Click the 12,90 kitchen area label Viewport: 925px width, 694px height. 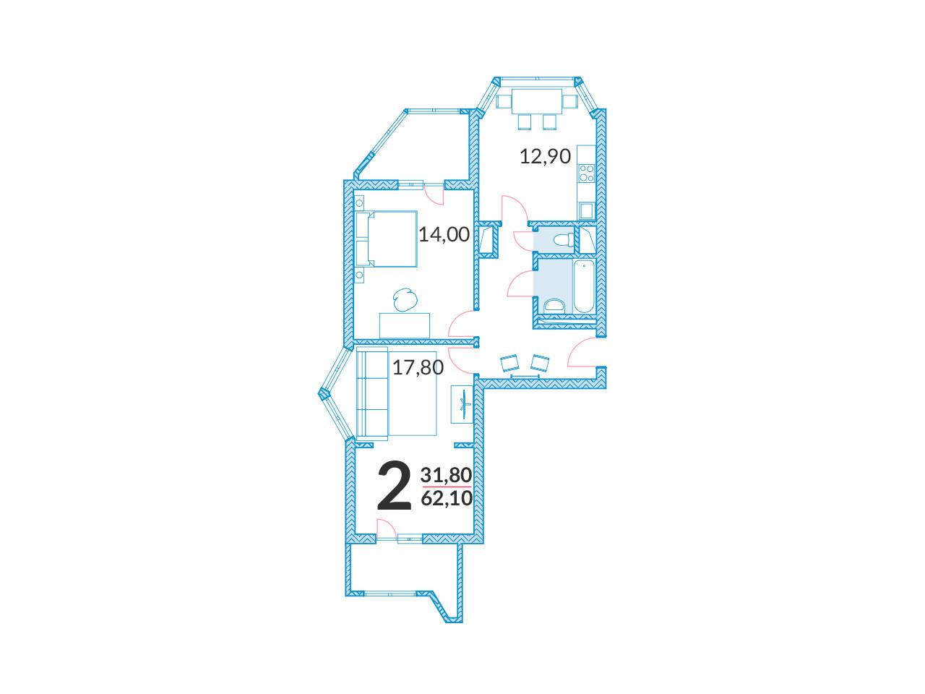pyautogui.click(x=545, y=156)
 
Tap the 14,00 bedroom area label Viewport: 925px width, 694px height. pyautogui.click(x=444, y=235)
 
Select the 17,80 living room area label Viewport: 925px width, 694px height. pyautogui.click(x=418, y=367)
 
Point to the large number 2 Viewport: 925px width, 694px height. pyautogui.click(x=394, y=485)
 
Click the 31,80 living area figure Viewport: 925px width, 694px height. pyautogui.click(x=446, y=475)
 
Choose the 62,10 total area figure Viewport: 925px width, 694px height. pyautogui.click(x=447, y=499)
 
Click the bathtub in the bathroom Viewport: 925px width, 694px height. pyautogui.click(x=584, y=286)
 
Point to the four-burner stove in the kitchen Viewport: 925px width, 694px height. pyautogui.click(x=586, y=173)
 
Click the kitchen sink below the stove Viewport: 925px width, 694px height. pyautogui.click(x=586, y=210)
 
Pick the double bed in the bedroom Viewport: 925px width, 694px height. pyautogui.click(x=387, y=239)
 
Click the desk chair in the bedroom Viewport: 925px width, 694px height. pyautogui.click(x=405, y=299)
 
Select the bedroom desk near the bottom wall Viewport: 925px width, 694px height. pyautogui.click(x=405, y=325)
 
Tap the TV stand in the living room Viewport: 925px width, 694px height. pyautogui.click(x=462, y=403)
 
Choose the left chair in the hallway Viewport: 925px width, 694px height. pyautogui.click(x=509, y=363)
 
